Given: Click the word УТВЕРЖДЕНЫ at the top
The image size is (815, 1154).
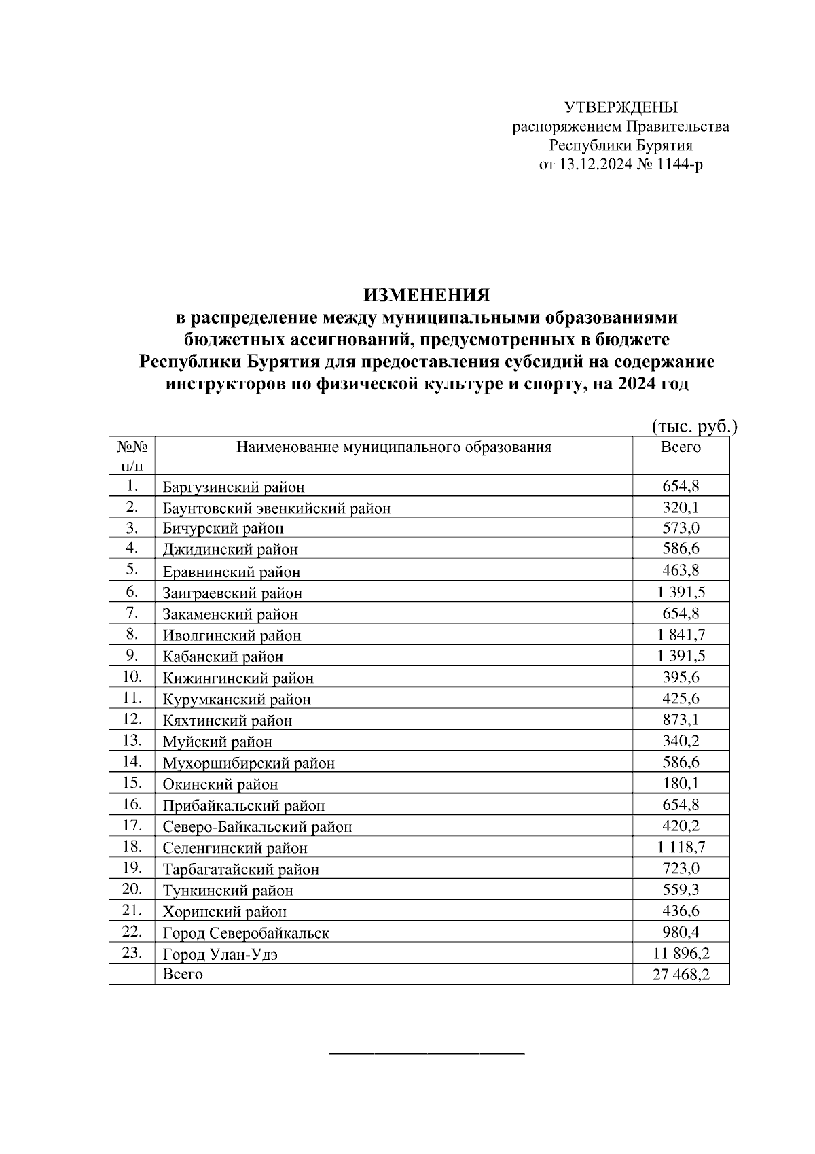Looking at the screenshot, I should click(621, 107).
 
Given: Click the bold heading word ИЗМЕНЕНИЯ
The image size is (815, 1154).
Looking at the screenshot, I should click(427, 295).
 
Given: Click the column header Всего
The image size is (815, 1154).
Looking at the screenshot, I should click(681, 447).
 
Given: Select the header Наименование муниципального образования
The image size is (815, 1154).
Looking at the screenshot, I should click(394, 447).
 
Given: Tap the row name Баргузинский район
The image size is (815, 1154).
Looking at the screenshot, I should click(234, 487).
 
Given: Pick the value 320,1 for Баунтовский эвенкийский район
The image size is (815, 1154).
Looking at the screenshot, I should click(681, 508).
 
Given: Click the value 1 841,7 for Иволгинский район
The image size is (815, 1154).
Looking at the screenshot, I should click(681, 635).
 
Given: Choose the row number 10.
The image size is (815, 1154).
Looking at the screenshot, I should click(132, 677).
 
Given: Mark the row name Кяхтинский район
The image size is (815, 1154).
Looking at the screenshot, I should click(228, 720).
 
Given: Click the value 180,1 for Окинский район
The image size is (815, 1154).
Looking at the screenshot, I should click(681, 784).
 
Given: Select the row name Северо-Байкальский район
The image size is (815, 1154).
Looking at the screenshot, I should click(257, 827).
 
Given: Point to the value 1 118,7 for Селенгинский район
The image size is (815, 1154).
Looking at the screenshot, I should click(681, 847).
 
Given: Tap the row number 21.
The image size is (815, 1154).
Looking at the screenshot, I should click(132, 910).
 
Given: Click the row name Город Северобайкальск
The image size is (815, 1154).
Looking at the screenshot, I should click(246, 933).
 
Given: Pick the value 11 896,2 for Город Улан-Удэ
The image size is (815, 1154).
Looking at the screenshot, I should click(681, 954).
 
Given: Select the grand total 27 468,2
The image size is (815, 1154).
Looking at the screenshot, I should click(681, 975).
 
